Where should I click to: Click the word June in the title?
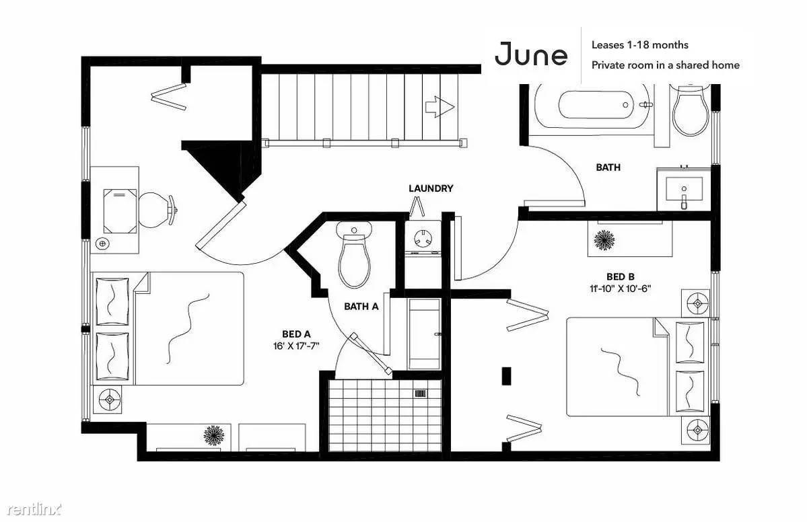tap(531, 54)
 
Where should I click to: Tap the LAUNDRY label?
tap(431, 188)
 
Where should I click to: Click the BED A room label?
tap(296, 334)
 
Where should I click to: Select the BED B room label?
tap(620, 276)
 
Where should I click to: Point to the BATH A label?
tap(361, 307)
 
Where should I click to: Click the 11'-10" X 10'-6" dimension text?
tap(620, 289)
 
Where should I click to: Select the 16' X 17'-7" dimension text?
tap(296, 346)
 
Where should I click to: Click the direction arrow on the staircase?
tap(440, 107)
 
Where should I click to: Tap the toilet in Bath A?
tap(354, 254)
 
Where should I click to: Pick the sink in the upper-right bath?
tap(684, 189)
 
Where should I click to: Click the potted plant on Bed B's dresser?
tap(604, 240)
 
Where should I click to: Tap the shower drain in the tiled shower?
tap(421, 394)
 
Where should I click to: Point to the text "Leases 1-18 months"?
tap(639, 45)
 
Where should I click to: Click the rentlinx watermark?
tap(34, 509)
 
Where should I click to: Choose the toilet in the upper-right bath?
tap(691, 110)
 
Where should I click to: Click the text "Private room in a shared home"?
tap(666, 65)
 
